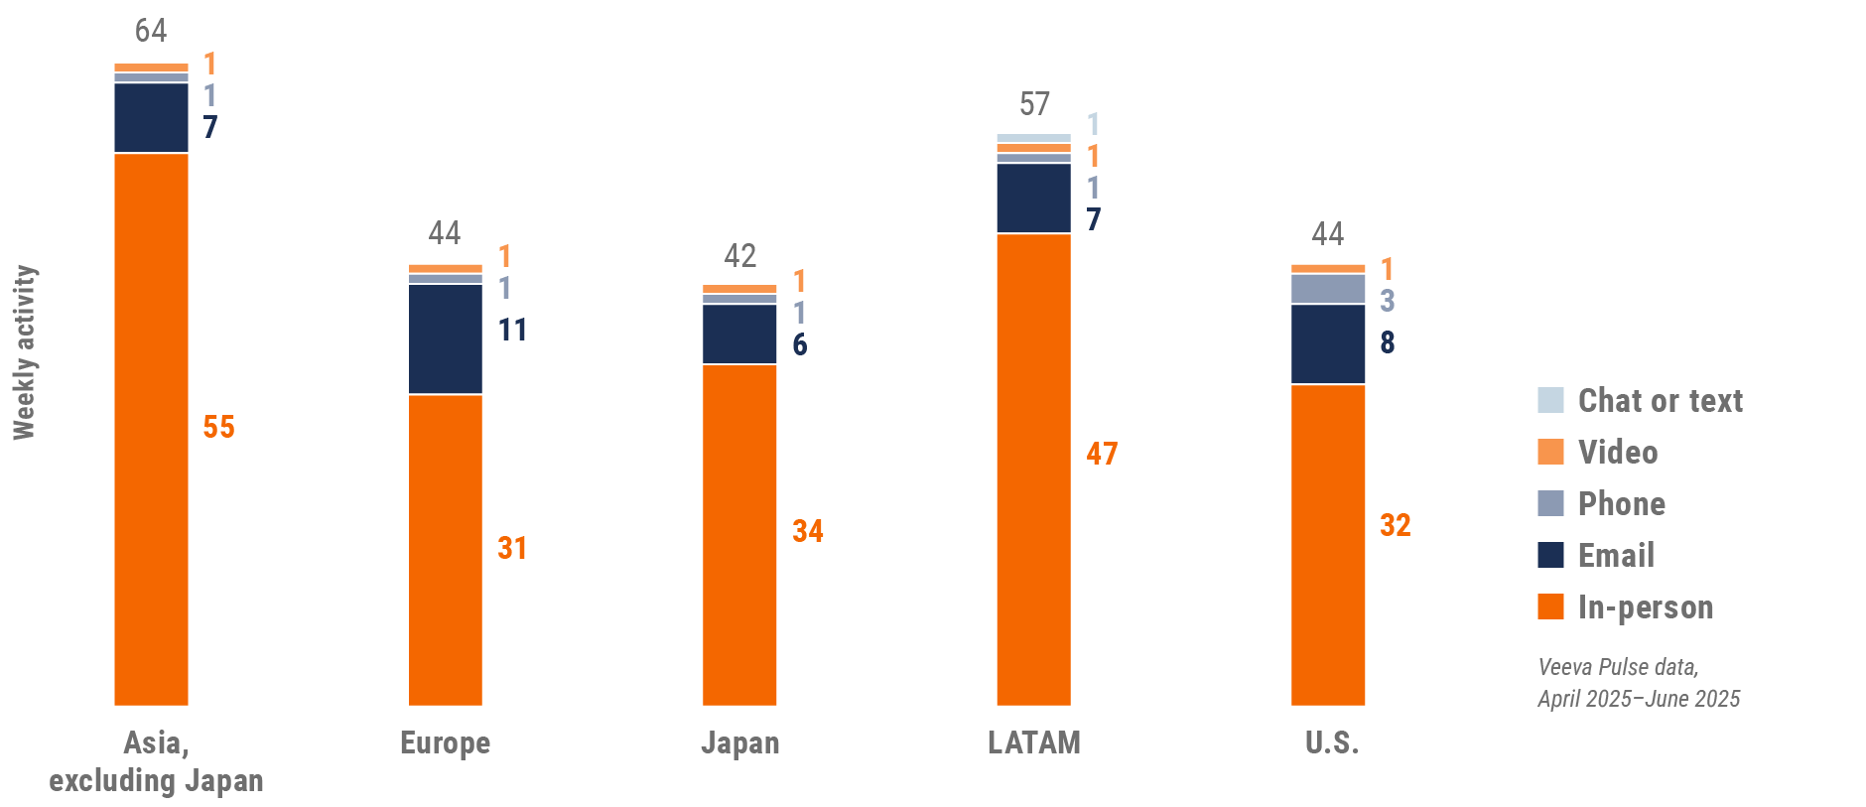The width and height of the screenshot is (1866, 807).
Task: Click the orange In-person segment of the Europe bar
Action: click(x=446, y=550)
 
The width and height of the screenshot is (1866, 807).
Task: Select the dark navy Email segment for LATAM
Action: click(x=1033, y=199)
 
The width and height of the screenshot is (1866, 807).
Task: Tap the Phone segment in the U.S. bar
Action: click(x=1328, y=289)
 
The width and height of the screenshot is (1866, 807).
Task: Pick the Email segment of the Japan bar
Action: click(x=739, y=335)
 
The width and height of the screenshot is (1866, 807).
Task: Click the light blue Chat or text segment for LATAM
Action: click(x=1033, y=138)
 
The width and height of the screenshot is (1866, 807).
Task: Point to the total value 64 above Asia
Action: click(x=151, y=31)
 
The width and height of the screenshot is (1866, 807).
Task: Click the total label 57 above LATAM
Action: click(x=1034, y=104)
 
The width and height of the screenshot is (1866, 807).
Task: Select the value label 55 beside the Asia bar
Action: click(x=219, y=427)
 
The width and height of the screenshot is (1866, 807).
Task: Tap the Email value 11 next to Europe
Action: click(x=512, y=330)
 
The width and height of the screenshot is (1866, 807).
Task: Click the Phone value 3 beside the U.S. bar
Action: click(x=1388, y=300)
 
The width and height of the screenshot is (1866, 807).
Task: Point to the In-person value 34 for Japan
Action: click(x=808, y=531)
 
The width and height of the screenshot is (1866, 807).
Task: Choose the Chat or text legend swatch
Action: click(x=1550, y=400)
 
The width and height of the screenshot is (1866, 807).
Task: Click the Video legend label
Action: click(x=1618, y=453)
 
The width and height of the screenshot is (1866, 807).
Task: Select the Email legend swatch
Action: click(x=1550, y=555)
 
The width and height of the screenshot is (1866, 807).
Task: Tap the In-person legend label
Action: click(x=1646, y=607)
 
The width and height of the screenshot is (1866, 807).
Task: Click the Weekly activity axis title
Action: click(x=24, y=352)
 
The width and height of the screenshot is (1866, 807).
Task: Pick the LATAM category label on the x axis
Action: click(x=1034, y=742)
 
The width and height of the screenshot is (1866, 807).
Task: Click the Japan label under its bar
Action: click(x=740, y=742)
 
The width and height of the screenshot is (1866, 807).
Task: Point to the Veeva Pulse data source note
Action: click(x=1639, y=683)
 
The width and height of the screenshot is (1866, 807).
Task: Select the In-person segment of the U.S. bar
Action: click(x=1328, y=545)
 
